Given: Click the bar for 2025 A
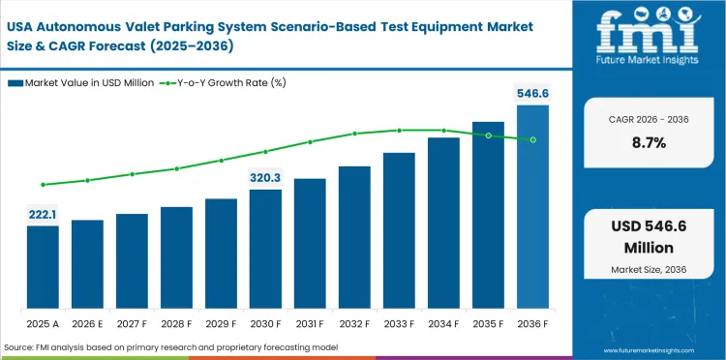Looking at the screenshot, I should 43,266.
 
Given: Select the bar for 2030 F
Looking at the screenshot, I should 265,248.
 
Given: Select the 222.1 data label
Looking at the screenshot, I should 43,214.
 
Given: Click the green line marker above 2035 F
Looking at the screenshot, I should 488,135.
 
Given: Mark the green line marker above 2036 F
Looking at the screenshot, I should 532,139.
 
